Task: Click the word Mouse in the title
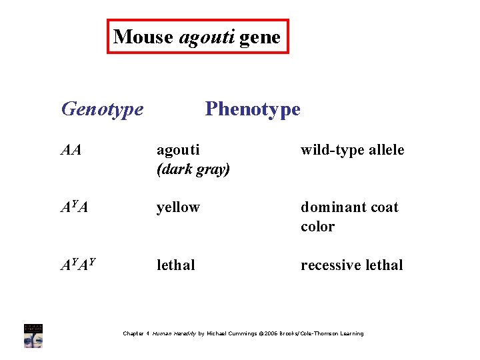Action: (x=144, y=37)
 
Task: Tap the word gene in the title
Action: (x=260, y=37)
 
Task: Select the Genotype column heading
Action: (x=102, y=109)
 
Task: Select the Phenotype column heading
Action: (x=253, y=109)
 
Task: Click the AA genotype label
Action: (x=71, y=150)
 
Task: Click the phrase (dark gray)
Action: (x=193, y=169)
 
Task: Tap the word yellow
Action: (x=178, y=207)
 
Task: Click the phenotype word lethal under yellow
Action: (x=176, y=265)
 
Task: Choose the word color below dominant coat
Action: (x=317, y=227)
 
